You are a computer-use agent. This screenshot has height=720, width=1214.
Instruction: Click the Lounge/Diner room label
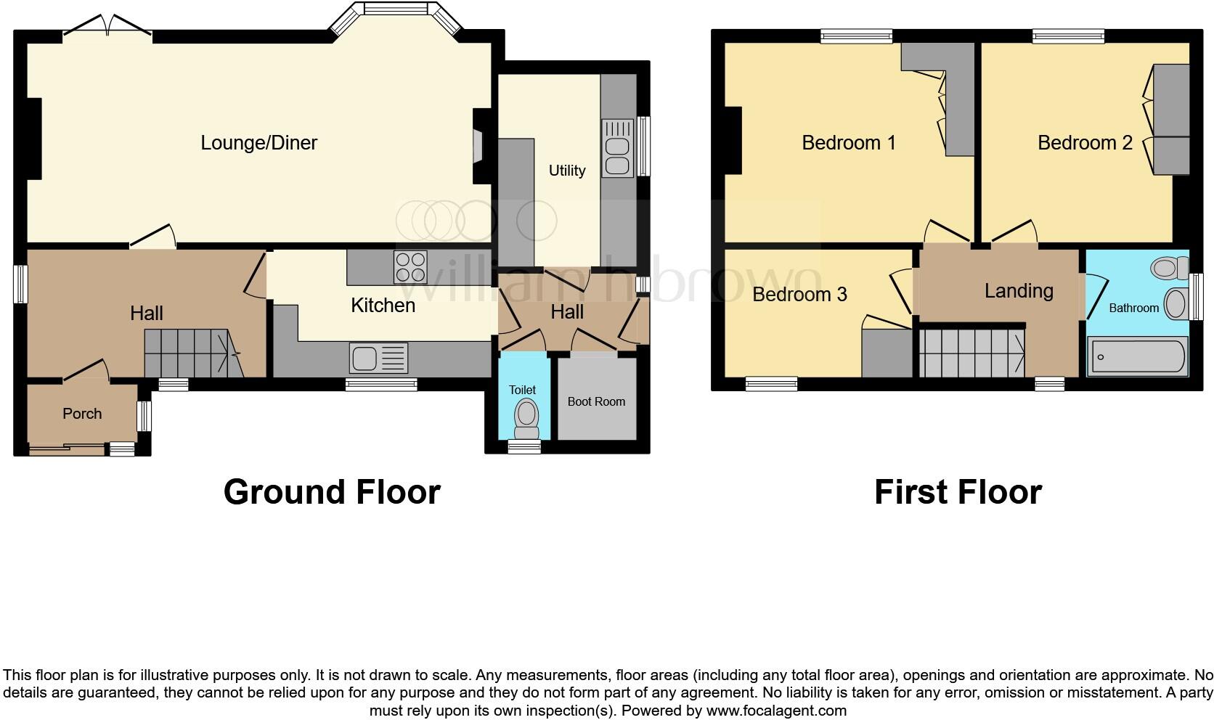coord(258,142)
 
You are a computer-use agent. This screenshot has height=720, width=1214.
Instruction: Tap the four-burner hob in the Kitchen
coord(410,266)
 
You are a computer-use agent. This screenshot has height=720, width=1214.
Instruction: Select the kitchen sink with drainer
coord(378,358)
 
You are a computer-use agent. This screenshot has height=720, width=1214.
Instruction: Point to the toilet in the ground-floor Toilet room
coord(525,417)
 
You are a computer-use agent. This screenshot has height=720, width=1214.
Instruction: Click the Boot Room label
coord(596,401)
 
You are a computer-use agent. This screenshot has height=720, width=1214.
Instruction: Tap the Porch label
coord(82,414)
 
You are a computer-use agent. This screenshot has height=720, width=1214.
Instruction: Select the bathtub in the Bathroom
coord(1137,356)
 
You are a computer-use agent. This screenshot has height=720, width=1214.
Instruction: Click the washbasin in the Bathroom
coord(1176,303)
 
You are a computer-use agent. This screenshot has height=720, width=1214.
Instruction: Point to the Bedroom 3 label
coord(799,294)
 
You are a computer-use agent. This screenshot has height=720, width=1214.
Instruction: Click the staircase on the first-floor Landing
coord(971,353)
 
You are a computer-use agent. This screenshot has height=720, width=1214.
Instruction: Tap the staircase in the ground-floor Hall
coord(192,353)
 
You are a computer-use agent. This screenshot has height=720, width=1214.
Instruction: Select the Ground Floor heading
coord(332,492)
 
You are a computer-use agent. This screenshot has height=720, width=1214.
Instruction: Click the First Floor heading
coord(958,492)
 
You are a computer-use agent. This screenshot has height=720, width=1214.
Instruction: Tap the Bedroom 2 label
coord(1085,142)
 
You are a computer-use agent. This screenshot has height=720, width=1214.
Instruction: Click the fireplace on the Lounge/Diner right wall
coord(478,146)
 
